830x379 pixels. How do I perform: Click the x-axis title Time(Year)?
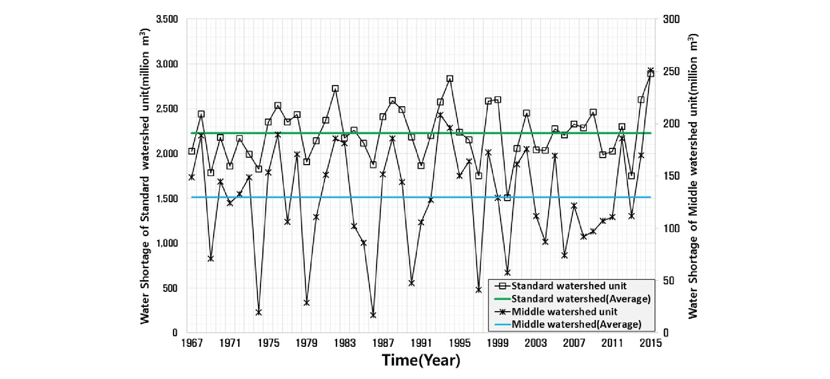coord(421,360)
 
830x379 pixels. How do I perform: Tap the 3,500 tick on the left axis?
coord(167,19)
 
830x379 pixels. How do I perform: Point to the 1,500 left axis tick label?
coord(167,198)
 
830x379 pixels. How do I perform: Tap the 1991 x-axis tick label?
coord(421,343)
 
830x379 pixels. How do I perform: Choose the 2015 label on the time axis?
coord(651,343)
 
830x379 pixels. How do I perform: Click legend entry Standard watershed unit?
coord(569,286)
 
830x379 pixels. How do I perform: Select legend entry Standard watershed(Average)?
coord(581,299)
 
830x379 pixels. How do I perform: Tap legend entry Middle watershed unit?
coord(564,312)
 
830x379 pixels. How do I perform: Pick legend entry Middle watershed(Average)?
coord(576,324)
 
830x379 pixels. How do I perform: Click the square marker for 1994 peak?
coord(450,79)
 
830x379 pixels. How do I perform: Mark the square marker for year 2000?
coord(507,198)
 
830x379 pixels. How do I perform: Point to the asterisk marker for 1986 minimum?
coord(373,315)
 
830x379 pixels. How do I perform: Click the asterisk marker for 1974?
coord(259,312)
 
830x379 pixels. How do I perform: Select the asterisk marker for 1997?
coord(479,290)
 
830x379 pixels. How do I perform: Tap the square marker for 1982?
coord(335,88)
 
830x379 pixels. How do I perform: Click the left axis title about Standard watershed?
coord(145,176)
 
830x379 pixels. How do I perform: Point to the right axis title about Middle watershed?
coord(693,176)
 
